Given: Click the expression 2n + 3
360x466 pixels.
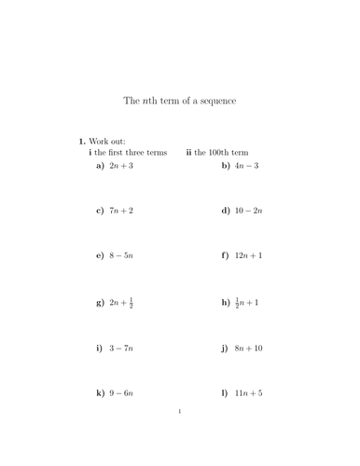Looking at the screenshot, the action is click(x=121, y=165).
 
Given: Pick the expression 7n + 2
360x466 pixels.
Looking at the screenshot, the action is click(x=121, y=211).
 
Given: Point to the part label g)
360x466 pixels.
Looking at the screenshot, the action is click(x=100, y=303).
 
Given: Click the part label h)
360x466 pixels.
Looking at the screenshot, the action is click(x=226, y=303).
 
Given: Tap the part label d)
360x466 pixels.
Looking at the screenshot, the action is click(x=226, y=211).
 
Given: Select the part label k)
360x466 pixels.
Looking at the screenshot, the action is click(x=100, y=393).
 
